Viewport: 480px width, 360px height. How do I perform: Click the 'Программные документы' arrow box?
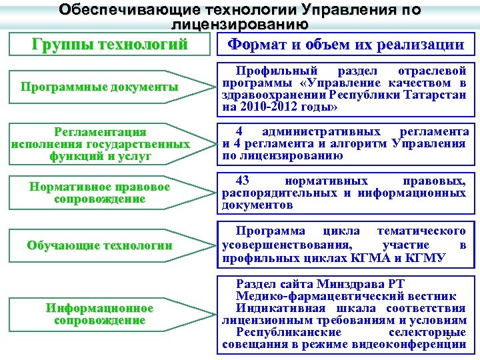(x=100, y=87)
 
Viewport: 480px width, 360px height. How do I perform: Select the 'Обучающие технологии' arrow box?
(x=100, y=245)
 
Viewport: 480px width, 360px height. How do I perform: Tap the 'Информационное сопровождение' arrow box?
(x=100, y=314)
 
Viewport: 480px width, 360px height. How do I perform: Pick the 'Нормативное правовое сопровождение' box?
(x=100, y=193)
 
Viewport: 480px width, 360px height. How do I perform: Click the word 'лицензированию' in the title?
(x=239, y=25)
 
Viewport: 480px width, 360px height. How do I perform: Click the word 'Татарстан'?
(x=437, y=94)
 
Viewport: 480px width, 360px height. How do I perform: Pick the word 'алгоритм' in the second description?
(x=361, y=144)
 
